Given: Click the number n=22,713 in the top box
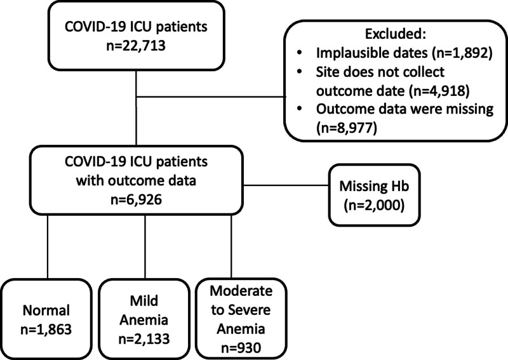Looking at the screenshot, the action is click(136, 46).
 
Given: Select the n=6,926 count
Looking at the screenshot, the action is click(136, 200).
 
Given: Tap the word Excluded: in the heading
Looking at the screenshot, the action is click(395, 34).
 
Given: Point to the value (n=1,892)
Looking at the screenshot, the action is click(462, 53).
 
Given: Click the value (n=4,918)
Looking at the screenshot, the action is click(439, 91).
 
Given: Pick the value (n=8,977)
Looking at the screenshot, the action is click(347, 128).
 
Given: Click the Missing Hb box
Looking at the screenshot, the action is click(374, 195).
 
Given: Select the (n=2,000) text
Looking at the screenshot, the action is click(374, 205).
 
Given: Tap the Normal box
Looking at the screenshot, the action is click(46, 319).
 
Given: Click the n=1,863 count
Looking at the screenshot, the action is click(46, 330).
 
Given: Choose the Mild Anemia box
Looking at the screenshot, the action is click(144, 319).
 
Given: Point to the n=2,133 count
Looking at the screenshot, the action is click(144, 339).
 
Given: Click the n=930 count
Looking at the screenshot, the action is click(241, 349).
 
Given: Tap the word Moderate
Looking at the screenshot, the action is click(241, 291).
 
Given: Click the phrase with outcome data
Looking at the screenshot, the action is click(136, 180).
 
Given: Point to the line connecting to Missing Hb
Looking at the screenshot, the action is click(286, 185).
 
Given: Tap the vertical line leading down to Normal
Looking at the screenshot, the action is click(48, 246).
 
